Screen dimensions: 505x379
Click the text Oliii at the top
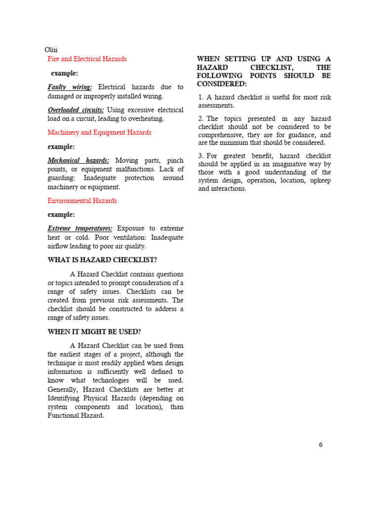(x=51, y=50)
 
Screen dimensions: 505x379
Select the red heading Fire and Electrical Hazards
(x=87, y=59)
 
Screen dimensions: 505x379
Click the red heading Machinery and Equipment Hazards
(x=99, y=132)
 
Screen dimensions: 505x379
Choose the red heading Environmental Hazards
(x=82, y=201)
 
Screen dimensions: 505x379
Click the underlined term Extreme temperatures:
(x=80, y=228)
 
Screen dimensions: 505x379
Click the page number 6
(x=321, y=444)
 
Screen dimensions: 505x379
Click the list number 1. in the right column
(x=201, y=97)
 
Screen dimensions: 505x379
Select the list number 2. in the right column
(x=201, y=119)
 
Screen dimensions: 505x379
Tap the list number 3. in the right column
(x=201, y=156)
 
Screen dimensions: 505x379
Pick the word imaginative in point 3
(x=281, y=164)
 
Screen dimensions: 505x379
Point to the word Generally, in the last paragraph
(x=64, y=389)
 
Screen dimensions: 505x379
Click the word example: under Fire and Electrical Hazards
(x=65, y=73)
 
